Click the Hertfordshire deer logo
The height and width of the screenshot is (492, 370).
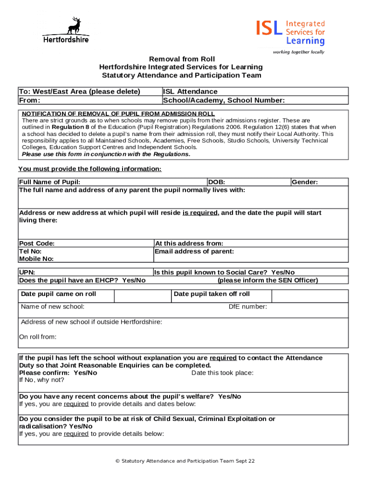point(66,30)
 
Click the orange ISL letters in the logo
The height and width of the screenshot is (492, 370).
point(270,28)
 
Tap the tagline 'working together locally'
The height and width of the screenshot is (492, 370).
point(298,52)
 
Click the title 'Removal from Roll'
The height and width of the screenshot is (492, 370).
point(181,59)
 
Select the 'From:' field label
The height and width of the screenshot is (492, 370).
point(29,100)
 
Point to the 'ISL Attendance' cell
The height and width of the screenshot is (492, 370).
point(190,91)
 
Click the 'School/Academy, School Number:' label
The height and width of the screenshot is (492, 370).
point(224,100)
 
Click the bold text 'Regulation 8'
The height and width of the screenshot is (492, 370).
point(74,127)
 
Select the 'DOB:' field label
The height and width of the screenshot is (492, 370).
point(216,182)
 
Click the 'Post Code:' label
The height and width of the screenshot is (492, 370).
point(37,244)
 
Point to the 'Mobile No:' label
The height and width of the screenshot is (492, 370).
point(36,258)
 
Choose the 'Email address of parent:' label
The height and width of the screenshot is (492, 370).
point(194,251)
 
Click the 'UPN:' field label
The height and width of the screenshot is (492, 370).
point(27,272)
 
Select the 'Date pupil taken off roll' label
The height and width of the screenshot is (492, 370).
point(211,294)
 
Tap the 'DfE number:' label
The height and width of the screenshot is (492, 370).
point(247,307)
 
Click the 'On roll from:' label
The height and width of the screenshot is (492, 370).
point(37,337)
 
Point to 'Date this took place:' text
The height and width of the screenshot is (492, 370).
point(222,373)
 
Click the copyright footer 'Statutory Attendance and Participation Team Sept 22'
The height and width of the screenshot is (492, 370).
point(185,461)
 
